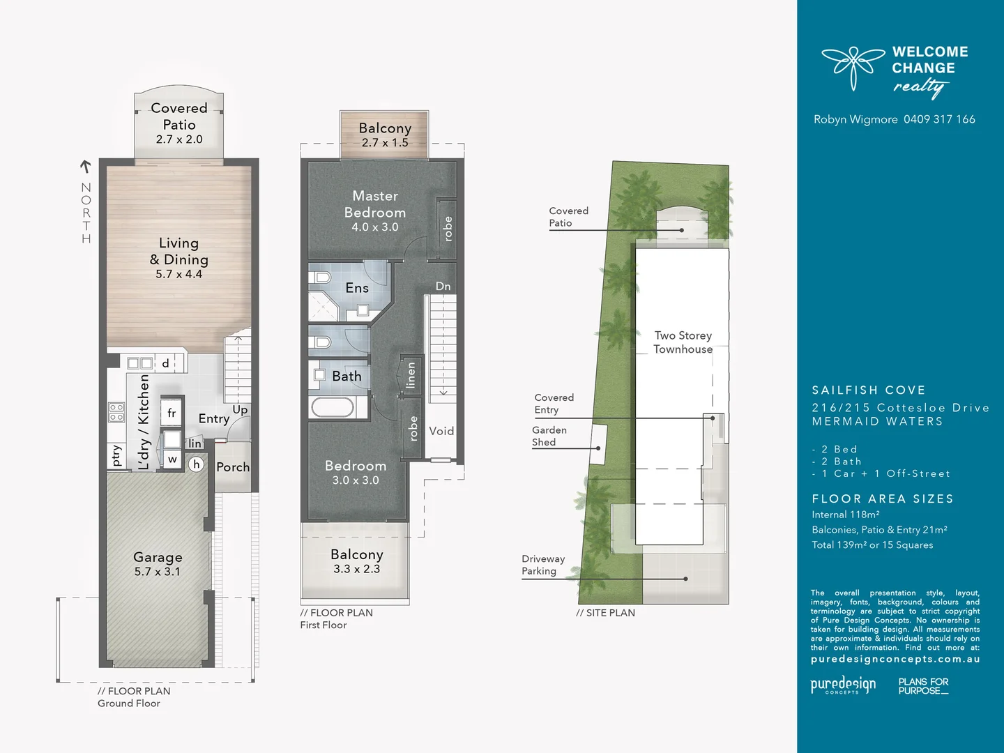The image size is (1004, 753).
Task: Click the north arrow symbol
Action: (86, 167)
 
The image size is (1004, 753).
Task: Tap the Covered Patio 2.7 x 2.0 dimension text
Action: (179, 139)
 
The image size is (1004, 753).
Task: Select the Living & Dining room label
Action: (178, 251)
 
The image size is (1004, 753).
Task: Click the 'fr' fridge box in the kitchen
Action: (172, 413)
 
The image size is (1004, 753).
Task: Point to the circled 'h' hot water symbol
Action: (197, 464)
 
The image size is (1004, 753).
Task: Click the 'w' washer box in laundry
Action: (172, 459)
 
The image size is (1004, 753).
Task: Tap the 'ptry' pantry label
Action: (116, 455)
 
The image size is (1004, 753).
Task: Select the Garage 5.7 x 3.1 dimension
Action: (158, 572)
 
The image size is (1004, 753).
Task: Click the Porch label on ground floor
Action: (233, 467)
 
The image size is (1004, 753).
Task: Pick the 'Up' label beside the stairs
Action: (240, 409)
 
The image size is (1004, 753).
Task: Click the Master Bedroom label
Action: (375, 204)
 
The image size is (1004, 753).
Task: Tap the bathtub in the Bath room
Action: (332, 407)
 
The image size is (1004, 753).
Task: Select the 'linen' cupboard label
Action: (411, 375)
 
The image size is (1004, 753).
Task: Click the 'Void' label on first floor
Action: (441, 431)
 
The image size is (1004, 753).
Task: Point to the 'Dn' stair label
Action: (443, 287)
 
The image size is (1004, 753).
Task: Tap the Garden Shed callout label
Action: (549, 436)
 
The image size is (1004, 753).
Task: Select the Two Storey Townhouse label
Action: (683, 342)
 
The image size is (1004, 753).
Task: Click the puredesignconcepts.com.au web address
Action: (895, 659)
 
